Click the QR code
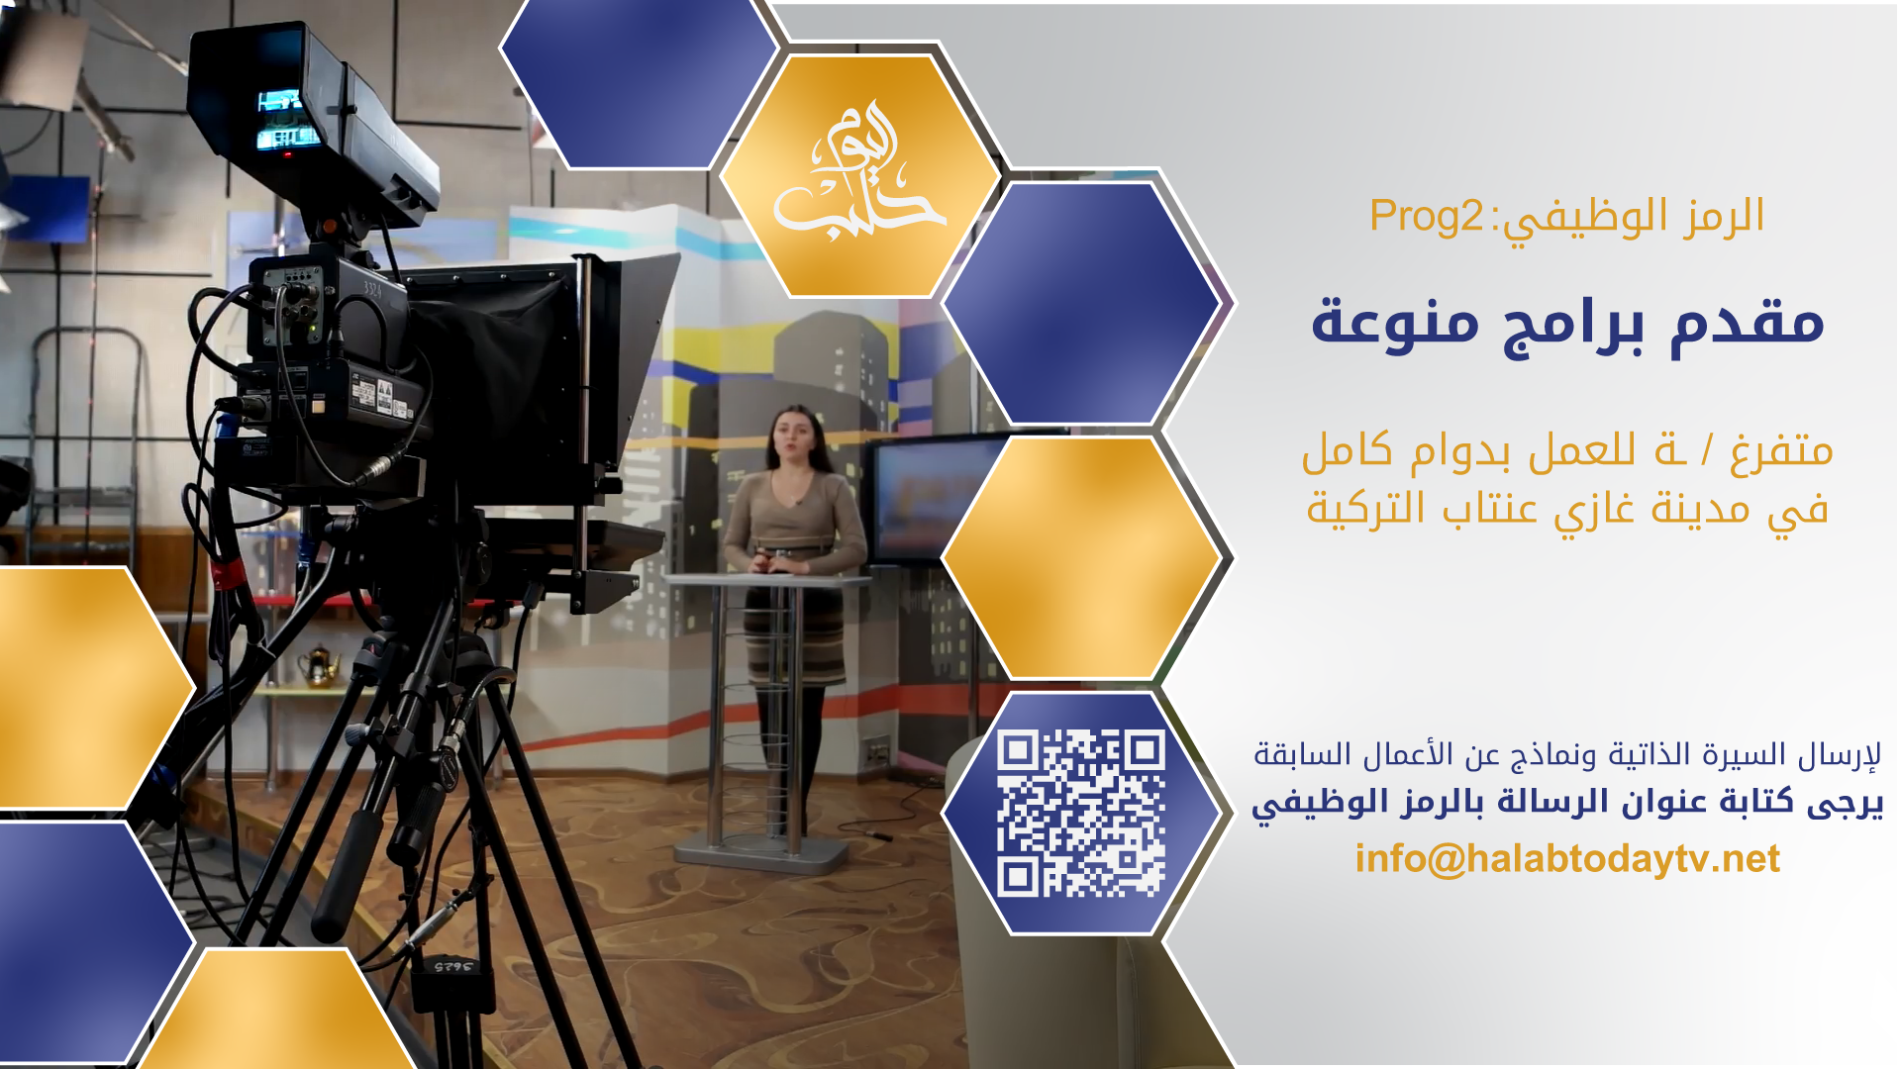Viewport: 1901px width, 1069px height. (1080, 813)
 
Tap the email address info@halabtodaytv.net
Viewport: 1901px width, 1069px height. (1567, 858)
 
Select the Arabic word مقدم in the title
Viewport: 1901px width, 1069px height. (1748, 321)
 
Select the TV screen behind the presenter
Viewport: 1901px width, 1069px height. (936, 500)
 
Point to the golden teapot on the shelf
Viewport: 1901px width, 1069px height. (319, 665)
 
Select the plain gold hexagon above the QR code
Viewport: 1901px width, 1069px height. (1080, 557)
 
